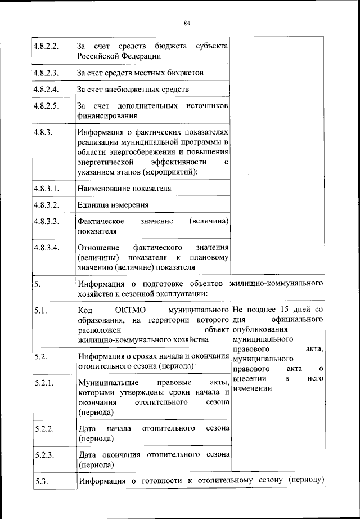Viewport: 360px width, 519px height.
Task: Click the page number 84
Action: click(x=187, y=23)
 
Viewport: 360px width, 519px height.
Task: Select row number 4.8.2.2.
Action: click(x=46, y=46)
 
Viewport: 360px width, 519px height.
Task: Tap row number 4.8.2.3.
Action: click(x=46, y=73)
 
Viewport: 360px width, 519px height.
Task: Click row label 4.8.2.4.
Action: click(x=46, y=89)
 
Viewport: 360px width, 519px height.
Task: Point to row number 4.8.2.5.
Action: click(x=46, y=106)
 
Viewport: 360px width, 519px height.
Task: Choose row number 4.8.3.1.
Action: click(x=47, y=188)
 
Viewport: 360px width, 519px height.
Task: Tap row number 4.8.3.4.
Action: click(x=47, y=248)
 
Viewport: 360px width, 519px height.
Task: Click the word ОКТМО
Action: click(x=130, y=310)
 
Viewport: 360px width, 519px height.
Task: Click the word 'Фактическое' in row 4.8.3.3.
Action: click(x=101, y=221)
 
